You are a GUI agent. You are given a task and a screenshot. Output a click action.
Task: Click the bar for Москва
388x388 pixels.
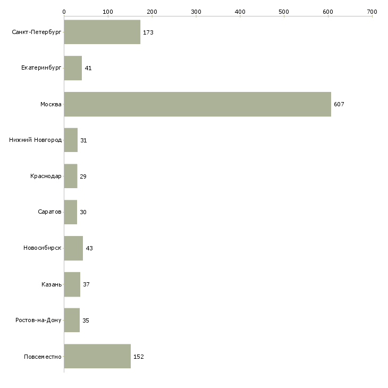point(197,104)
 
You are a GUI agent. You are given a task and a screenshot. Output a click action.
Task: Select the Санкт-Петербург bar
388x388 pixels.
point(102,32)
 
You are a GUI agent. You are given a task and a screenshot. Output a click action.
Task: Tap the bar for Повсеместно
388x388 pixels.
point(97,356)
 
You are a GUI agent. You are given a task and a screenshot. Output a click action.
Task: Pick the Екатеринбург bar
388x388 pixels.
point(73,68)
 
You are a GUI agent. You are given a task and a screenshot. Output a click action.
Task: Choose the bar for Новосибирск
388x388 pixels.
point(73,248)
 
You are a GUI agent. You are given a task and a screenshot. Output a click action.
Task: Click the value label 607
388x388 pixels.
point(339,104)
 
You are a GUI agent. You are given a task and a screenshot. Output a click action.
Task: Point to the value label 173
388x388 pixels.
point(148,32)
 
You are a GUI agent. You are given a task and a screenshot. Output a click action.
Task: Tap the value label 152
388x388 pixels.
point(139,357)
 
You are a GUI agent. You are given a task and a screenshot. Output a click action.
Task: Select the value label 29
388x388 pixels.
point(83,176)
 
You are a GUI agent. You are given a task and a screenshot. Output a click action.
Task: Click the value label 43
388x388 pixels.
point(89,248)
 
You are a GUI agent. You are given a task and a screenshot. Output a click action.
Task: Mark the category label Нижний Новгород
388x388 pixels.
point(36,140)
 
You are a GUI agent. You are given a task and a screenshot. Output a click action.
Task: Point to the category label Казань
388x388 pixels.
point(52,284)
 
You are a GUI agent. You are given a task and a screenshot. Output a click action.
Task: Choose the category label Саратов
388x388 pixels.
point(49,212)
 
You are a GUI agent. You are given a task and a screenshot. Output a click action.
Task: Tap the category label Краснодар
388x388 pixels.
point(46,176)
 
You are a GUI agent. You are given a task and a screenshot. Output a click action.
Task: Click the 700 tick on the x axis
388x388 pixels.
point(372,11)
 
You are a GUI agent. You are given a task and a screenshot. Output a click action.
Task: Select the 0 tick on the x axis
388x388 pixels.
point(64,11)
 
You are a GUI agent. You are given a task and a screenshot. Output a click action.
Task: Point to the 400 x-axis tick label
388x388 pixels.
point(240,11)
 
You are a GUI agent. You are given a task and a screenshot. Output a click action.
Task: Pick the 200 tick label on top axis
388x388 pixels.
point(152,11)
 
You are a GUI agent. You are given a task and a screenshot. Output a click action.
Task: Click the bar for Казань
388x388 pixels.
point(72,284)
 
